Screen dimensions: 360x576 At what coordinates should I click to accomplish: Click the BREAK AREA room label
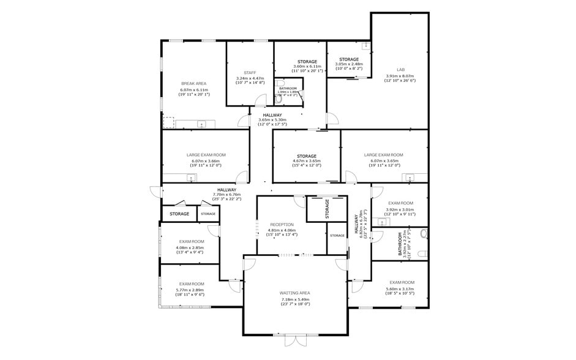193,83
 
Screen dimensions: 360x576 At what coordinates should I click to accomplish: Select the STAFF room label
250,72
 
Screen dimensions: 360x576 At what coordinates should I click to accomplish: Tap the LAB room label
401,70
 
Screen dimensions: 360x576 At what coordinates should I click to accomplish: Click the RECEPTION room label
282,225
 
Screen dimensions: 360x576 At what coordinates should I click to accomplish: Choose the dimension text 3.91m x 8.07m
400,76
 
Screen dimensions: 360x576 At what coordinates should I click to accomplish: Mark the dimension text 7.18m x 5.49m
295,299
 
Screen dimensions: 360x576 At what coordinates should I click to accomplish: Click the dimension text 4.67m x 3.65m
307,161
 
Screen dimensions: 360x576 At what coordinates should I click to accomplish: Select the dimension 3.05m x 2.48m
349,64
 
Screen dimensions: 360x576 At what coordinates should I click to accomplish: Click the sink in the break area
203,124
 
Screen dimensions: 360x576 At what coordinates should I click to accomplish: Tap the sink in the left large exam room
191,179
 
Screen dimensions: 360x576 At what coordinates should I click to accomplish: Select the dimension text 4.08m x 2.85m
192,247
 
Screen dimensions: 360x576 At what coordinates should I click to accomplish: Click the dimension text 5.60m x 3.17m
400,289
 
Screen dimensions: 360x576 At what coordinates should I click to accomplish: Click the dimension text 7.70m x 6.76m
226,195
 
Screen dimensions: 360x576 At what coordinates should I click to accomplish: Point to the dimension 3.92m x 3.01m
400,209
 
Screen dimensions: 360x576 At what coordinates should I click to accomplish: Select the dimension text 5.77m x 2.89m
192,290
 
